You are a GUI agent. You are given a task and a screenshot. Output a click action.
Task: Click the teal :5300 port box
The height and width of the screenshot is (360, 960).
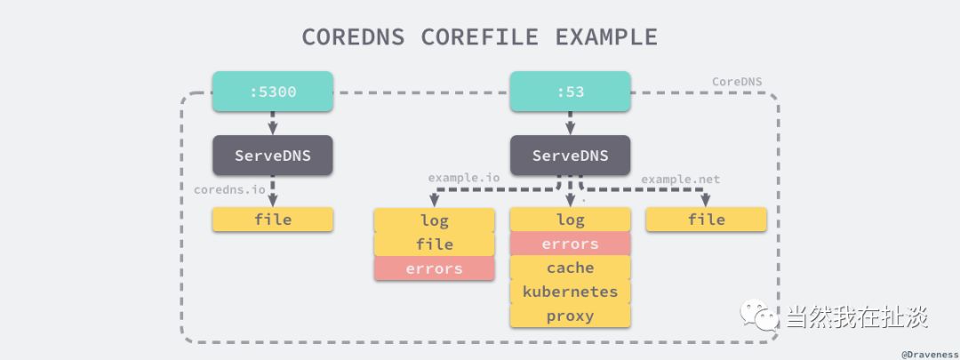[272, 92]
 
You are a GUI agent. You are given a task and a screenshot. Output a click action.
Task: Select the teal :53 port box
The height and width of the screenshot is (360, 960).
[570, 92]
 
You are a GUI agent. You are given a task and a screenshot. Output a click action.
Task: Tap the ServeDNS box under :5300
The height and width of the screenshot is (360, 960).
[272, 156]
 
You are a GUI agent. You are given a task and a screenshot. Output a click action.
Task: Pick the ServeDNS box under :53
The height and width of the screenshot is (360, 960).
[570, 156]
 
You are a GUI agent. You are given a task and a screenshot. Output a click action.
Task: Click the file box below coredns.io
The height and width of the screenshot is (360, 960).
[272, 220]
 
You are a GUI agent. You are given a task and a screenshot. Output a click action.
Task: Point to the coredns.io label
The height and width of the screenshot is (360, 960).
[230, 189]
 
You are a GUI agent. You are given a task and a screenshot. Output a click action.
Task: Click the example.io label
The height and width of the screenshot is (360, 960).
[463, 179]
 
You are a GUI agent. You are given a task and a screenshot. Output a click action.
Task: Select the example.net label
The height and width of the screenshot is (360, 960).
[680, 179]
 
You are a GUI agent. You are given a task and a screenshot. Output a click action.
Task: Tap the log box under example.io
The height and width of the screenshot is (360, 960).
[434, 220]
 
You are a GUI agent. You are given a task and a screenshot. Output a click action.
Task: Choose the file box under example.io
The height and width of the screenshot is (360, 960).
[434, 244]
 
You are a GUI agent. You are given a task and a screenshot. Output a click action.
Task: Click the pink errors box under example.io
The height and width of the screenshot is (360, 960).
[434, 268]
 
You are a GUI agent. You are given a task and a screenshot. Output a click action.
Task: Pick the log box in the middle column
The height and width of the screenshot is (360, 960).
[570, 220]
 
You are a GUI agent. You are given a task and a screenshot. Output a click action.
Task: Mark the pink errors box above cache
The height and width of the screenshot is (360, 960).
[570, 244]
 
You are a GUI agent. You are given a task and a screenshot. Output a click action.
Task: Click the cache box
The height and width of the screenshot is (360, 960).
[570, 268]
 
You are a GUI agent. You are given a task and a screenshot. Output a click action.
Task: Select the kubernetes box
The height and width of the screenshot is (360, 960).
[570, 292]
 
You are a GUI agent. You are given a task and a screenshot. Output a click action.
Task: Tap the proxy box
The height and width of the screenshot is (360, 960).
[570, 316]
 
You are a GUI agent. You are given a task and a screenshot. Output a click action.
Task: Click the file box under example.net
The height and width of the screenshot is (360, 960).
[706, 220]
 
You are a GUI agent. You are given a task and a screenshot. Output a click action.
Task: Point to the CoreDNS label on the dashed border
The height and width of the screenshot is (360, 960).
[737, 82]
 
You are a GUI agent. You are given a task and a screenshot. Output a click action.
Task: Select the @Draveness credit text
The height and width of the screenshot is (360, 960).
[929, 353]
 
